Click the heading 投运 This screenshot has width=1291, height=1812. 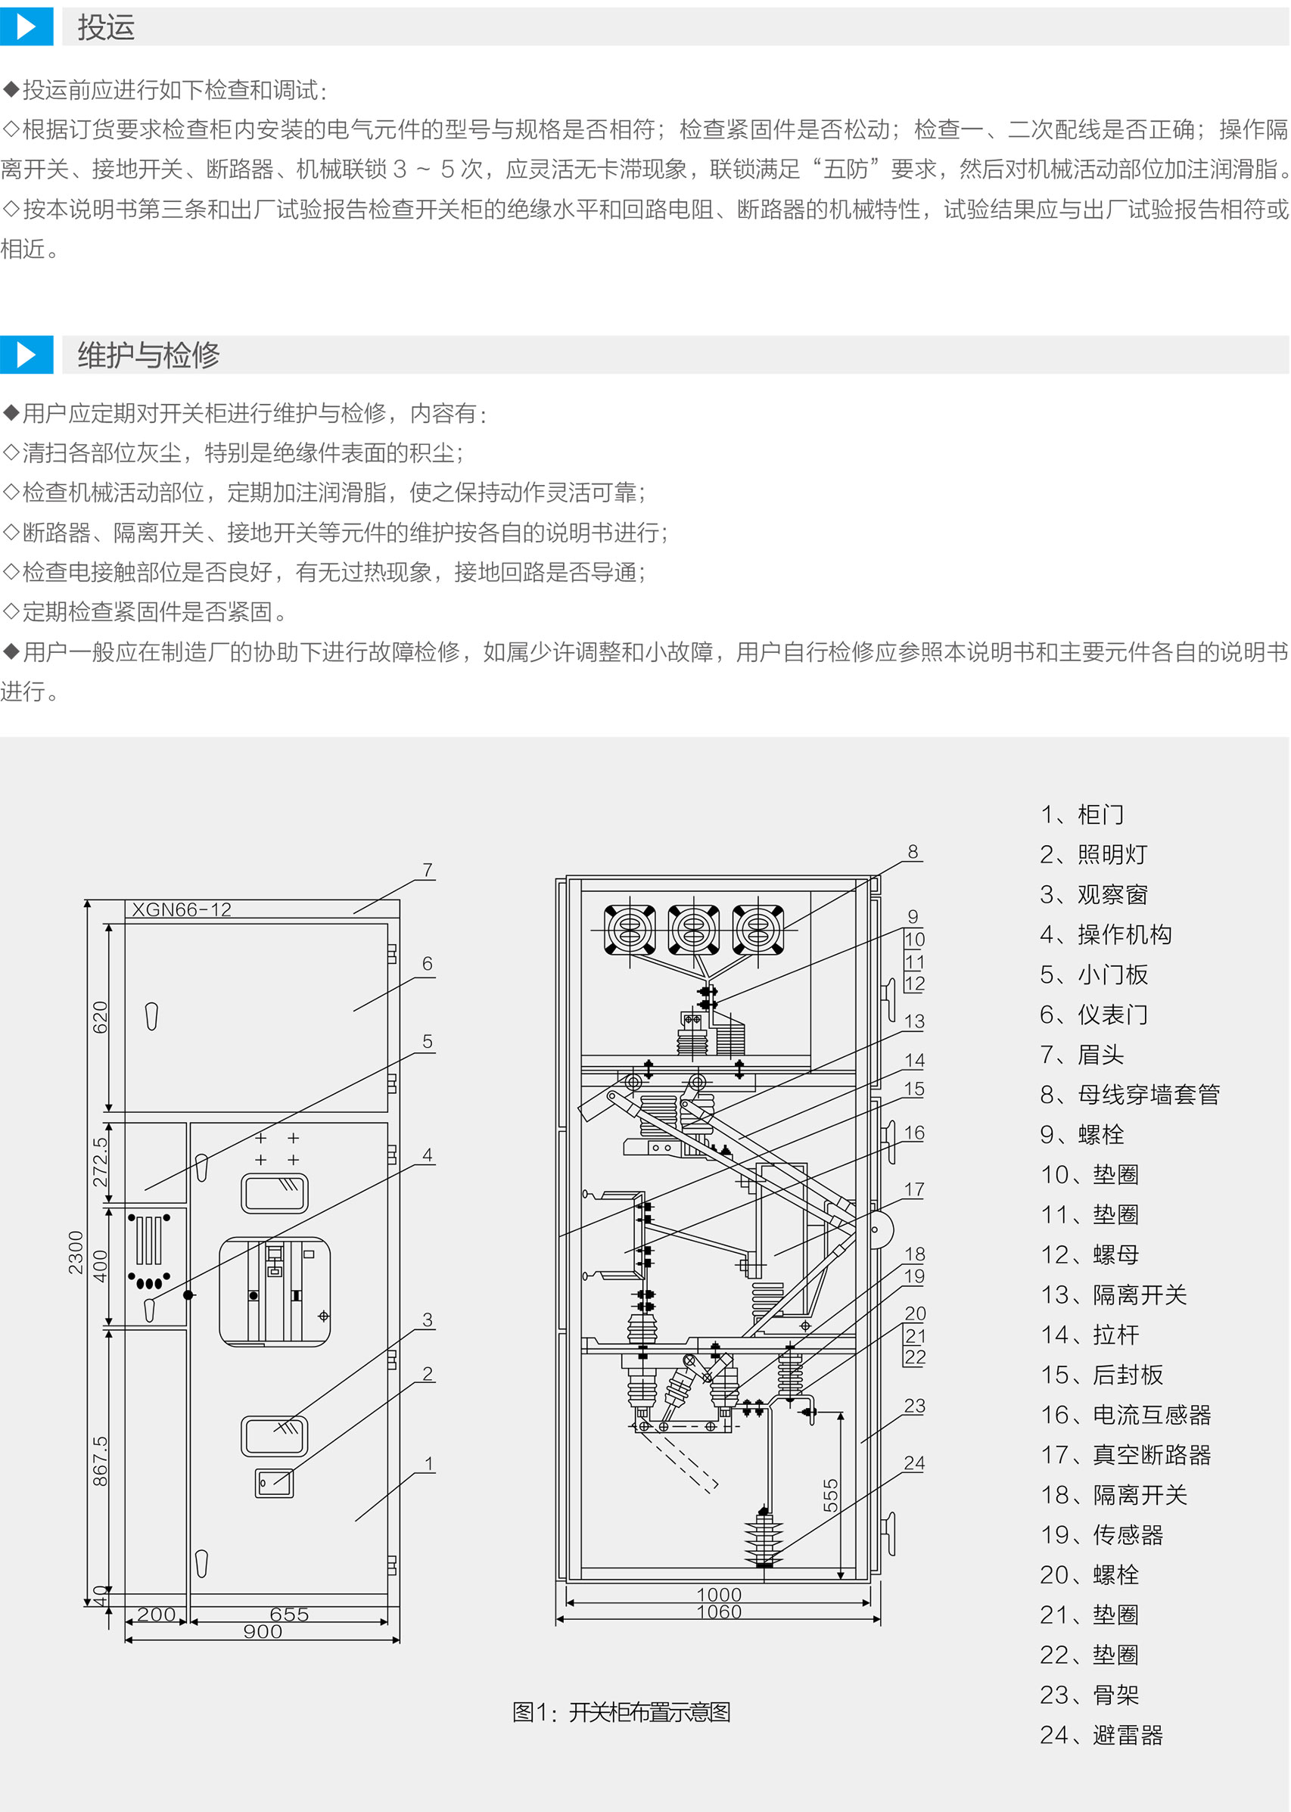coord(106,27)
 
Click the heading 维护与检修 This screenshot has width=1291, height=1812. coord(148,354)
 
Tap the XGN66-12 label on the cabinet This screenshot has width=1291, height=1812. coord(182,910)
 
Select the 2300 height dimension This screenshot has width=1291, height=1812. coord(76,1252)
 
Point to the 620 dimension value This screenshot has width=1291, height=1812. coord(100,1017)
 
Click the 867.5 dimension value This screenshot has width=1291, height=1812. coord(100,1461)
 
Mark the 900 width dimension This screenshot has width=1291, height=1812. coord(263,1632)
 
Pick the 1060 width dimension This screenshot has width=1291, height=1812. coord(719,1612)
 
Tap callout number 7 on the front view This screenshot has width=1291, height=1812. coord(428,870)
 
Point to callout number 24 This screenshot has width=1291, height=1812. coord(914,1463)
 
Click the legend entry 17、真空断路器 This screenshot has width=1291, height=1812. coord(1125,1455)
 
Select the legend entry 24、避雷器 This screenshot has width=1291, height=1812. coord(1101,1735)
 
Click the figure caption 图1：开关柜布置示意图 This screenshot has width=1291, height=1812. coord(621,1712)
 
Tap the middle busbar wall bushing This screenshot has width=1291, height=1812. coord(694,929)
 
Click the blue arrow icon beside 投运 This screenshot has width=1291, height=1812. coord(26,27)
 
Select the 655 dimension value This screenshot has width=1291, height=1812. coord(288,1614)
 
